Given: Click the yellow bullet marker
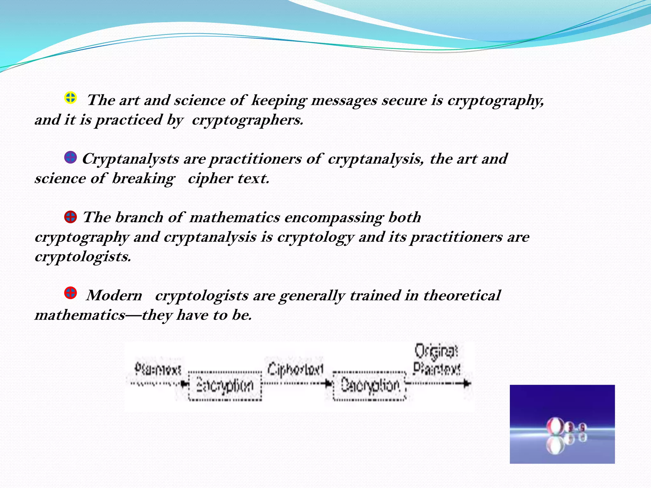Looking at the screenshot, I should [x=70, y=98].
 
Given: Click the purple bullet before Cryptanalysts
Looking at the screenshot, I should [x=70, y=157].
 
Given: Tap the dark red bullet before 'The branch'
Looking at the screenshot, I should [x=70, y=217].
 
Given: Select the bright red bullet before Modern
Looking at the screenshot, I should [x=70, y=293].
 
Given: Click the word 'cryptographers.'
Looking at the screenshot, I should [x=248, y=120].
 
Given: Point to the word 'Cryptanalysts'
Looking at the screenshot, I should [x=130, y=159].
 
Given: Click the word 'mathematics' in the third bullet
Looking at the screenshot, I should [x=235, y=218].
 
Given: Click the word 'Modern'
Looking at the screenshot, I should [x=114, y=295].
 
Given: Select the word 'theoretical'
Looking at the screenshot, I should [x=462, y=295].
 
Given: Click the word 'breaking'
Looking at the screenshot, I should [x=143, y=179].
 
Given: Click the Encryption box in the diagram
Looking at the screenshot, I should [x=225, y=386].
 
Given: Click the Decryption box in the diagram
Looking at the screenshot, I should [x=370, y=386].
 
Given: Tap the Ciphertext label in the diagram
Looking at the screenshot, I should [x=295, y=369].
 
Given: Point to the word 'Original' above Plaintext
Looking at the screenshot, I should [x=436, y=351].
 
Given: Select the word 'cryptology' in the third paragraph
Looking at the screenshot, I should [x=315, y=237].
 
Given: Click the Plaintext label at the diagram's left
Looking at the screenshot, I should [x=158, y=369].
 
